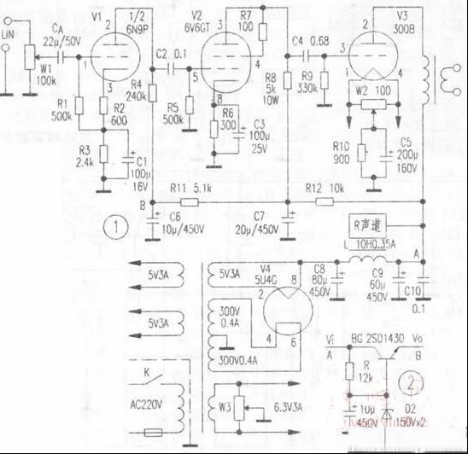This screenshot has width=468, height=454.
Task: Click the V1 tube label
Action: pos(96,16)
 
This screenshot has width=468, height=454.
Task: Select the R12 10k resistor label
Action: pos(328,187)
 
